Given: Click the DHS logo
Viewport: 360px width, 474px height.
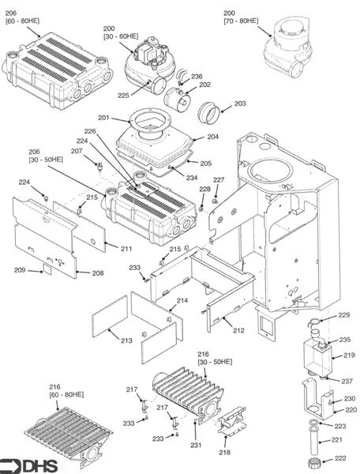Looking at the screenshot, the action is click(x=28, y=466).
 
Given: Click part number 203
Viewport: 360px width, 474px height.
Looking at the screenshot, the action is click(x=240, y=103).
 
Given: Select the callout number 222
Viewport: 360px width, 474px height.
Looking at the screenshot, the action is click(x=340, y=458).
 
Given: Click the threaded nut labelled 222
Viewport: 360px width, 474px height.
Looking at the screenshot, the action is click(x=315, y=462).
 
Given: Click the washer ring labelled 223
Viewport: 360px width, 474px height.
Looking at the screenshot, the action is click(x=314, y=423).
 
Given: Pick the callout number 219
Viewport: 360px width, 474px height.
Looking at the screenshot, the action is click(x=349, y=355).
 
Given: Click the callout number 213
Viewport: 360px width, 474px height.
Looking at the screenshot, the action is click(x=126, y=340).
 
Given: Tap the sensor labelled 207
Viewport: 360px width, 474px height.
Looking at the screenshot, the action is click(x=99, y=167).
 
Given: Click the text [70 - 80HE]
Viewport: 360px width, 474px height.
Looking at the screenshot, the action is click(x=241, y=21).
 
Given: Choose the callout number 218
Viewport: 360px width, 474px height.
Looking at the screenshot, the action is click(x=224, y=452).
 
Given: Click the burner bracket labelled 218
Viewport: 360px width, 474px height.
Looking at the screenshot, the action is click(x=232, y=421).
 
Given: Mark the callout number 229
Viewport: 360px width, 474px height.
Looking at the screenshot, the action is click(x=343, y=314).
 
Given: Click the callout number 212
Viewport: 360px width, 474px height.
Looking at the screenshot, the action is click(x=238, y=330).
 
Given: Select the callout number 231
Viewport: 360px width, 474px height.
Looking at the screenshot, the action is click(x=196, y=445).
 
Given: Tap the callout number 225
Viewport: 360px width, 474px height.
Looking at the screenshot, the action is click(x=123, y=96).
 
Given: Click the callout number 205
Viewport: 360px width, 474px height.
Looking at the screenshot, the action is click(x=206, y=164).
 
